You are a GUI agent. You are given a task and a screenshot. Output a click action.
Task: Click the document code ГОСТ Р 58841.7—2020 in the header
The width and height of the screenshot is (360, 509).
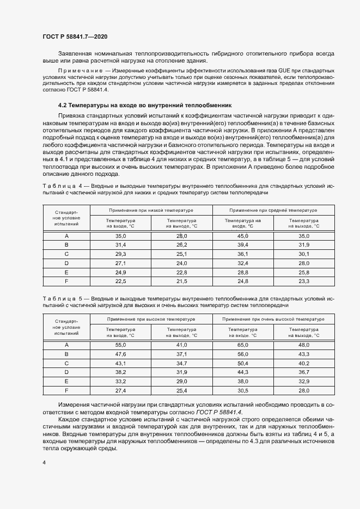tap(75, 36)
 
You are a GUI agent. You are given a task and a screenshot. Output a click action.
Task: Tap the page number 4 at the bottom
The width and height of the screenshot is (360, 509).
tap(44, 462)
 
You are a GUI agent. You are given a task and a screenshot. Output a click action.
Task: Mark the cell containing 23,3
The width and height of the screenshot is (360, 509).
tap(304, 281)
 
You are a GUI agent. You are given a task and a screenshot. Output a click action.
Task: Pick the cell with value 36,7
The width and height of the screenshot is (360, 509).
tap(304, 372)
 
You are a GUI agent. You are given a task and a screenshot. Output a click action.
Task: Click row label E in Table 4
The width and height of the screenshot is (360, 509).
tap(66, 272)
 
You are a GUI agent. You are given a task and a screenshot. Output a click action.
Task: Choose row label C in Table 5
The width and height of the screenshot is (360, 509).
tap(66, 363)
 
